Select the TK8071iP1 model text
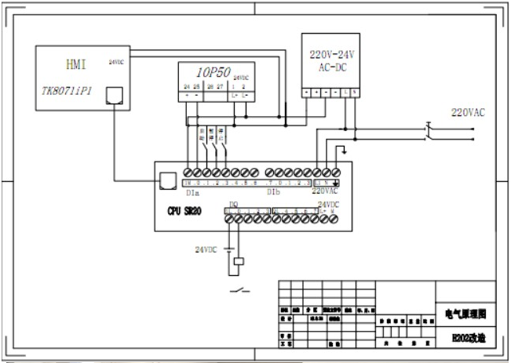coord(66,90)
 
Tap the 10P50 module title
coord(212,71)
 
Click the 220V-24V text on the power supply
coord(330,55)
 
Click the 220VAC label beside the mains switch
coord(468,112)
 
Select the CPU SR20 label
coord(185,211)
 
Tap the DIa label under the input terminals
coord(192,191)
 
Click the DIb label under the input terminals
coord(273,191)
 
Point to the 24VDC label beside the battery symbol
coord(206,249)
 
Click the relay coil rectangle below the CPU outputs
coord(240,261)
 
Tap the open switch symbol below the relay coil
coord(240,292)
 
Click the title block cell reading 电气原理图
coord(466,313)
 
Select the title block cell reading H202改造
coord(466,339)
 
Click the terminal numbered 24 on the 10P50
coord(186,85)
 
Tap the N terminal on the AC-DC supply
coord(355,93)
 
